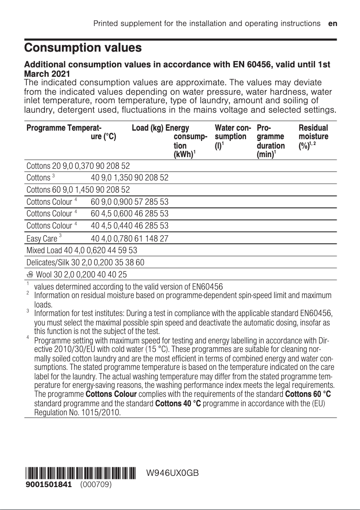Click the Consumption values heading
pyautogui.click(x=83, y=48)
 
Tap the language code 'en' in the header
pyautogui.click(x=333, y=23)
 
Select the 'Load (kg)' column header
pyautogui.click(x=148, y=128)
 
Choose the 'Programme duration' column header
pyautogui.click(x=270, y=141)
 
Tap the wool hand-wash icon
pyautogui.click(x=30, y=274)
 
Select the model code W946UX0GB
pyautogui.click(x=172, y=474)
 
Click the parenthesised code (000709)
pyautogui.click(x=96, y=485)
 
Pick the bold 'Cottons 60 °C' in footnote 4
pyautogui.click(x=308, y=394)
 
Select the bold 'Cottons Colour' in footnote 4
pyautogui.click(x=111, y=394)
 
